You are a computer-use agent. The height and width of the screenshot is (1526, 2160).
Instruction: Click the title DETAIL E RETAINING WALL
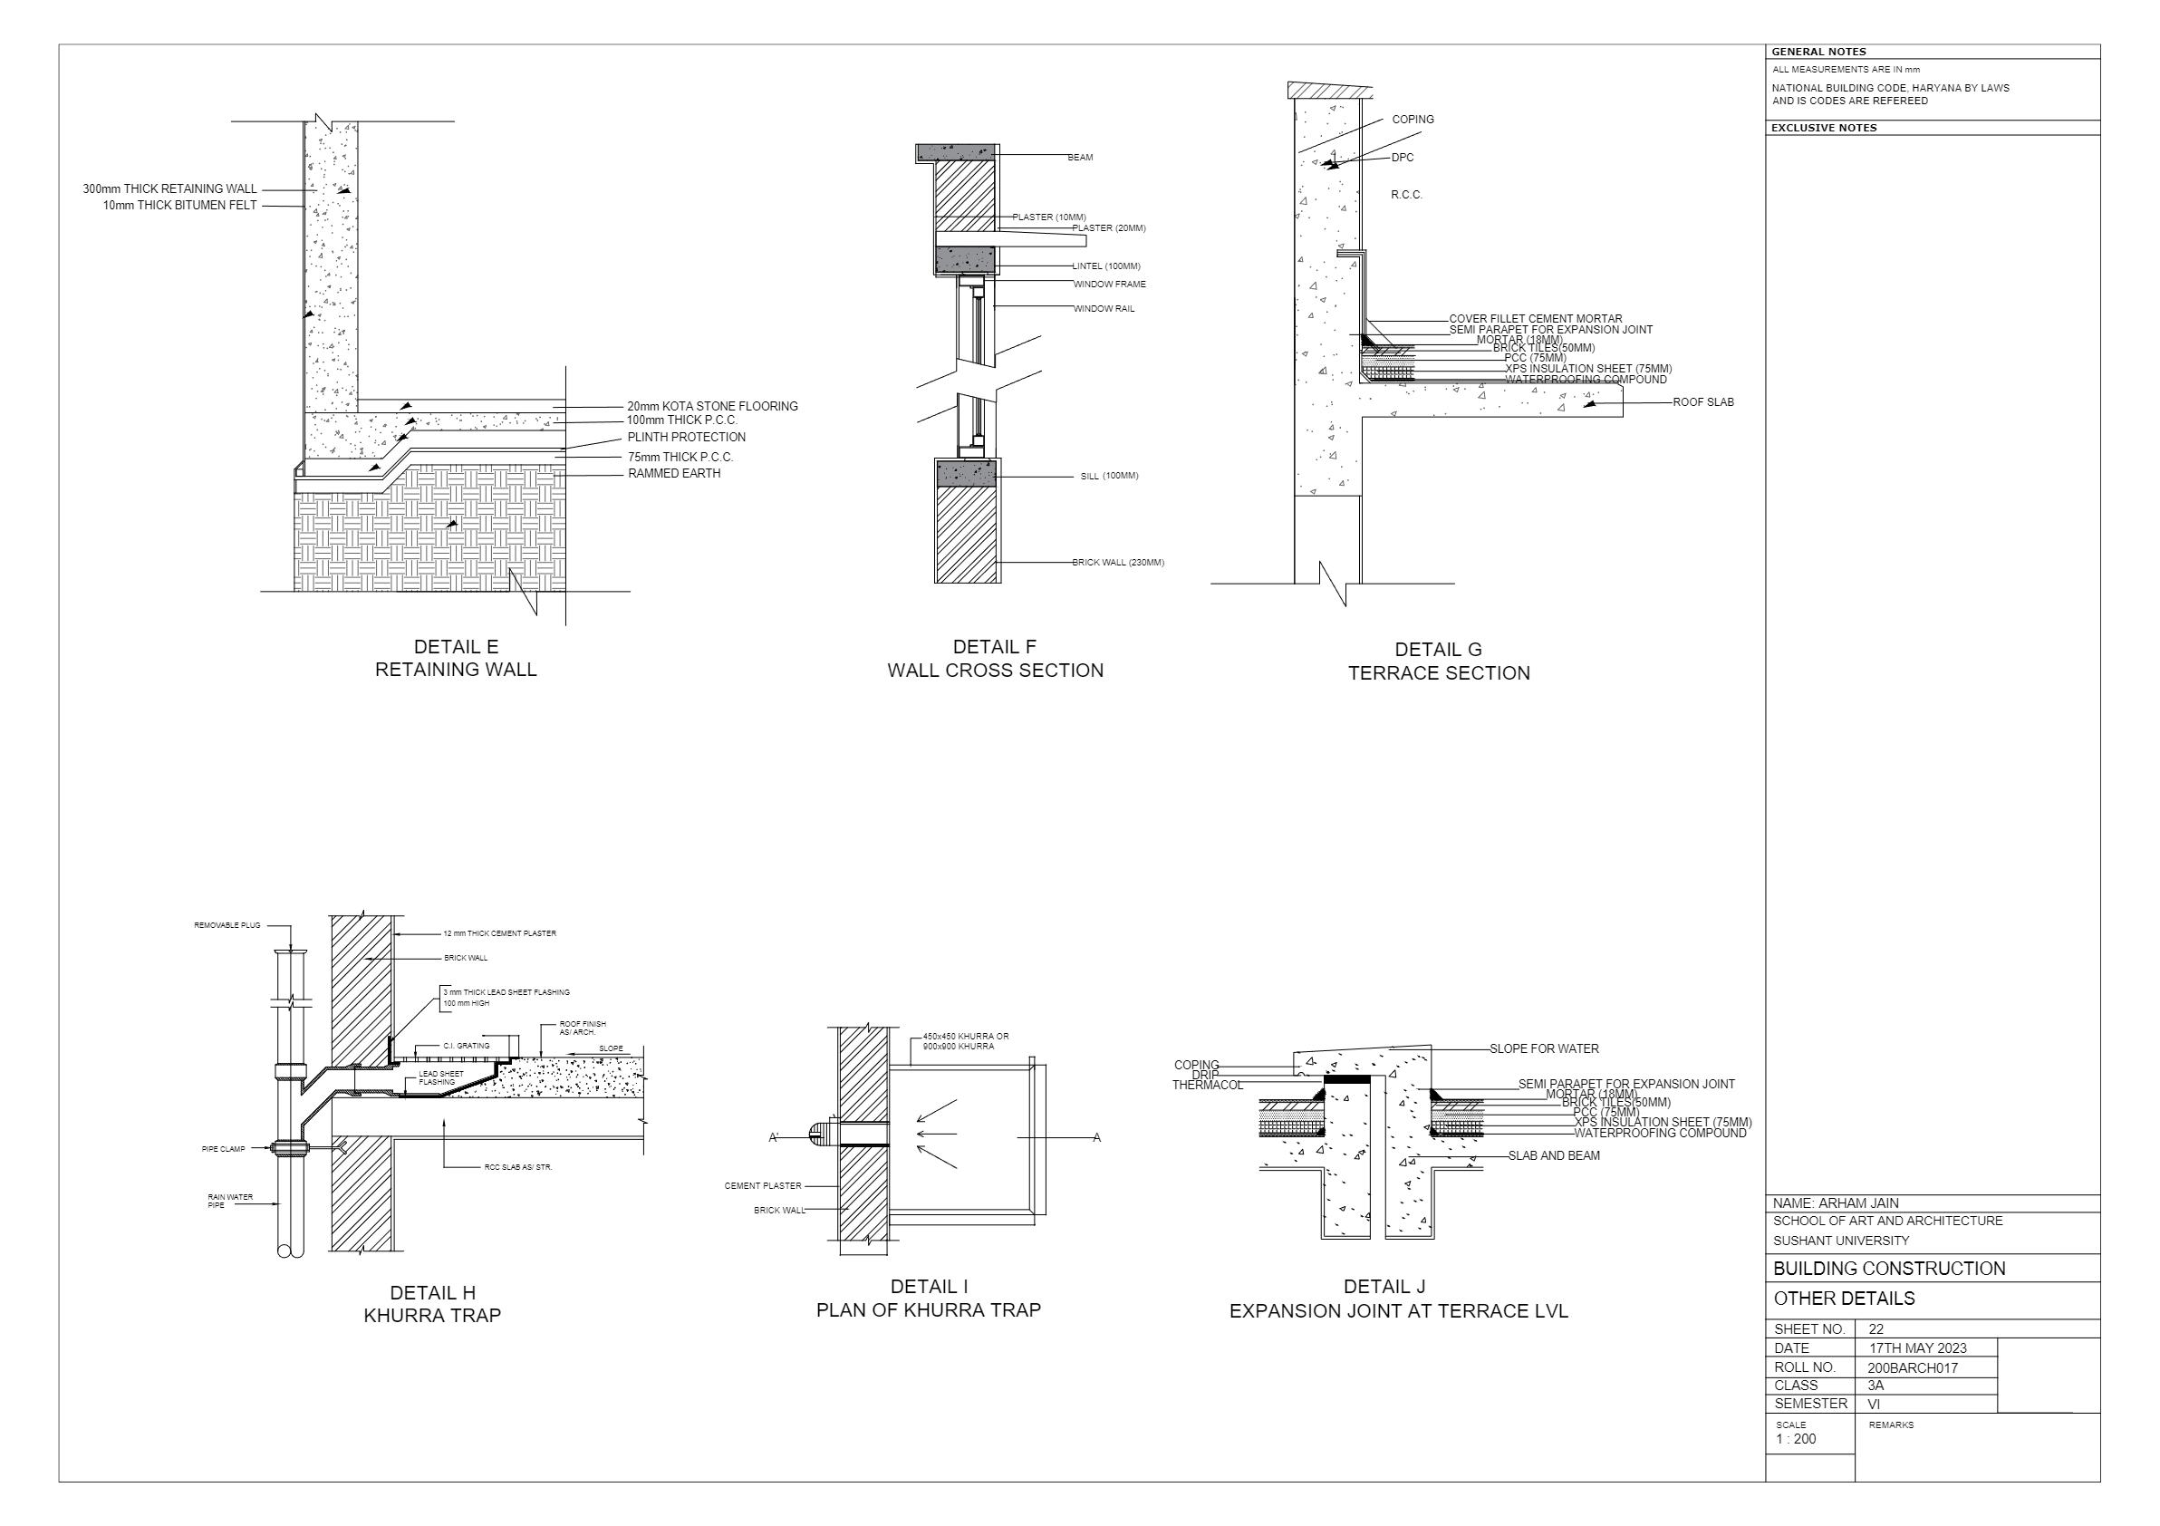tap(456, 659)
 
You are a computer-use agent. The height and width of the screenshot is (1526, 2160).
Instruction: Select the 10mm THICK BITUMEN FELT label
tap(179, 206)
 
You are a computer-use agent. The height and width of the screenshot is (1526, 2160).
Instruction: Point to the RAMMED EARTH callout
tap(673, 474)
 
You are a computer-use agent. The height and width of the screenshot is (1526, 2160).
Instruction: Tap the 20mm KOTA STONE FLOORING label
tap(712, 407)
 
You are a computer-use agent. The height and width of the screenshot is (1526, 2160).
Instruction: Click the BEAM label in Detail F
tap(1080, 158)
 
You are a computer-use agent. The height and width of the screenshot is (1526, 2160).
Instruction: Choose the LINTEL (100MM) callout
tap(1106, 266)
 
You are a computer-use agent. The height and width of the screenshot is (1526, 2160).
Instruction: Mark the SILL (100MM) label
tap(1109, 476)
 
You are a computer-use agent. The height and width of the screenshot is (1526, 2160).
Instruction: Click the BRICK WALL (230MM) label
tap(1118, 563)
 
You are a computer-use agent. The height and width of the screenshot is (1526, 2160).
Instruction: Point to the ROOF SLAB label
tap(1702, 402)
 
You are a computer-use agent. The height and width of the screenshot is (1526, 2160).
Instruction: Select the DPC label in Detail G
tap(1402, 158)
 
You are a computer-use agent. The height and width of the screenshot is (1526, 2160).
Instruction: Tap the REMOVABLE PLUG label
tap(227, 926)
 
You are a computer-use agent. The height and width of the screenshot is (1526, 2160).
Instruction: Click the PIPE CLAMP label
tap(223, 1150)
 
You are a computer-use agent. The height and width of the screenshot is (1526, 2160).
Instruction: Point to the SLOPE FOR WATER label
tap(1544, 1049)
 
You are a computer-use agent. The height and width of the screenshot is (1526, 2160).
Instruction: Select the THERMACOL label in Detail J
tap(1207, 1086)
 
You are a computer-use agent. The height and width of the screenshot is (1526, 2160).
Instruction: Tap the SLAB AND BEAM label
tap(1553, 1156)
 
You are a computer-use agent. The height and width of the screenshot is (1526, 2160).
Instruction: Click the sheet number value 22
tap(1876, 1330)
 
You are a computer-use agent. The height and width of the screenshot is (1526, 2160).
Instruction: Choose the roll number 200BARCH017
tap(1913, 1368)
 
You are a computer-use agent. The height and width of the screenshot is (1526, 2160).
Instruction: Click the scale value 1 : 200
tap(1796, 1439)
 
